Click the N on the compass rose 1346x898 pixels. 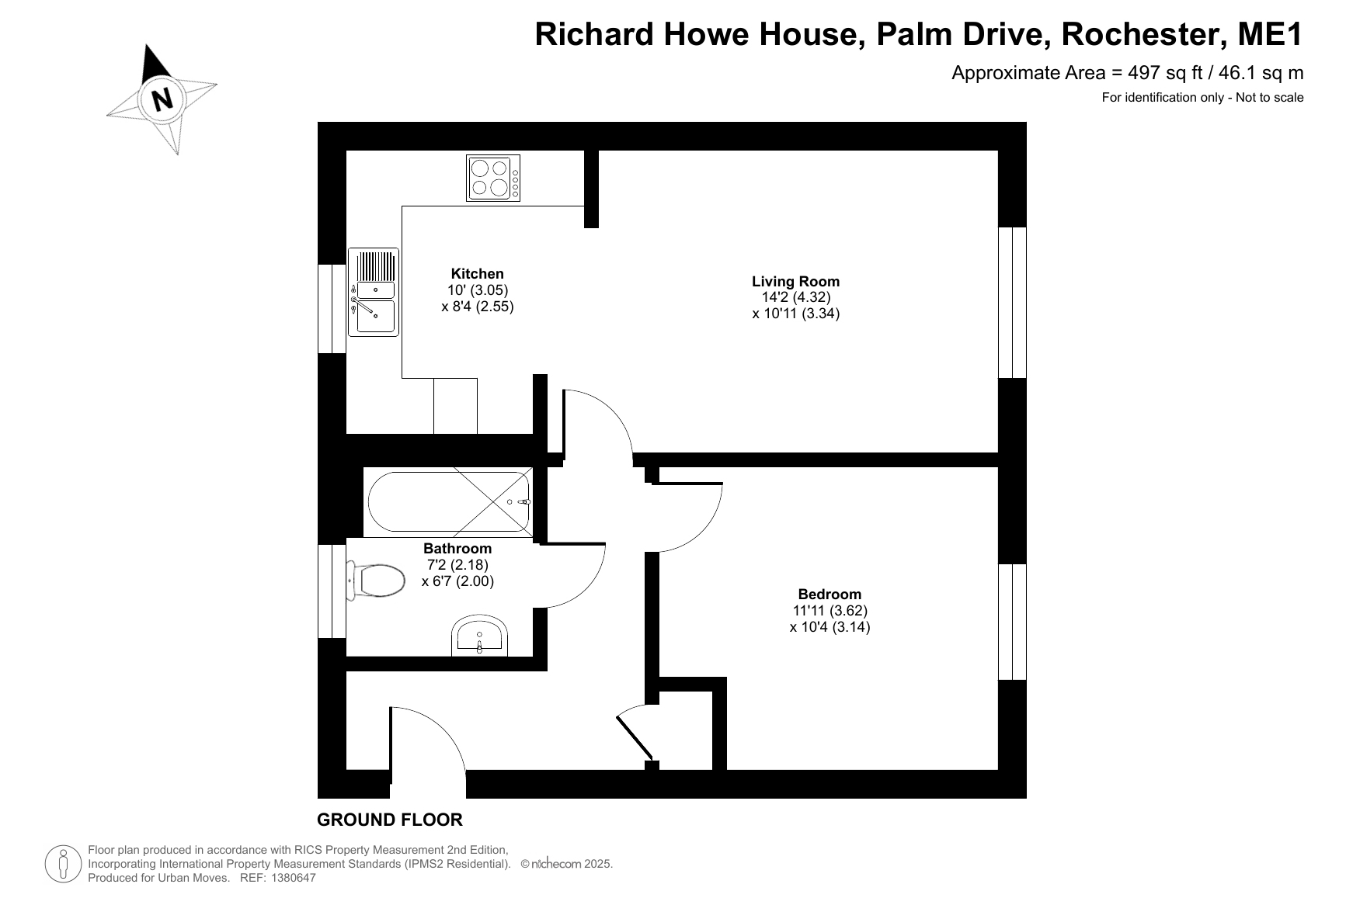[x=162, y=99]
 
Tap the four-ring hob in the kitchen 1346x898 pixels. [x=493, y=178]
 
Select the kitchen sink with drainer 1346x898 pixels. [x=374, y=292]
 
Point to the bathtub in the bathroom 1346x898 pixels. [x=449, y=502]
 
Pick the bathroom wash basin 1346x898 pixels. [x=480, y=636]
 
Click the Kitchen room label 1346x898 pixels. [x=478, y=273]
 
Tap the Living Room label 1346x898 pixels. [x=796, y=281]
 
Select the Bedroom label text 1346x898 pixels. [x=830, y=595]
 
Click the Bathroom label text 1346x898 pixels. [x=457, y=549]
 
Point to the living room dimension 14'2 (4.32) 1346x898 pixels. [x=796, y=297]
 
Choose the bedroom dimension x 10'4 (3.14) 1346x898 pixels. [x=830, y=627]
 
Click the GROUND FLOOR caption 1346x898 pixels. [x=390, y=820]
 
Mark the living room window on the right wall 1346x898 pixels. [x=1012, y=303]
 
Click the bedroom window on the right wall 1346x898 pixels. [x=1012, y=622]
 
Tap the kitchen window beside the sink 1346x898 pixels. [x=332, y=309]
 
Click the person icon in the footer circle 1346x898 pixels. [x=64, y=864]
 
